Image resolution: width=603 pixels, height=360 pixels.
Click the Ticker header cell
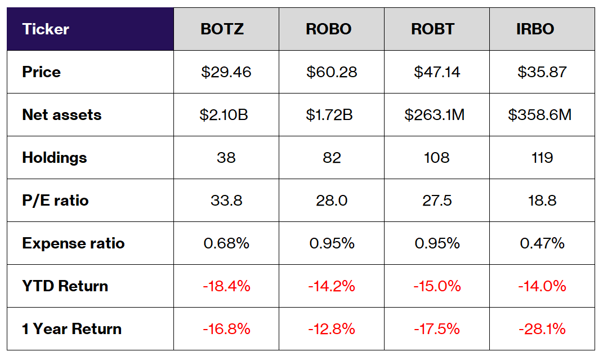(x=46, y=29)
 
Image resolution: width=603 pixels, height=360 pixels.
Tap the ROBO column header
(x=331, y=29)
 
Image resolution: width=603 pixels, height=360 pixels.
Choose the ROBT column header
(x=436, y=29)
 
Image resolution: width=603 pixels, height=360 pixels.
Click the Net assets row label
(x=62, y=115)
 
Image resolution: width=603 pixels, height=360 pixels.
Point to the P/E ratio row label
(x=55, y=201)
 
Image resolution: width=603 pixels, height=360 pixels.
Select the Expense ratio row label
(x=73, y=243)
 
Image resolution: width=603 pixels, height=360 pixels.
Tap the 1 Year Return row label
(x=72, y=329)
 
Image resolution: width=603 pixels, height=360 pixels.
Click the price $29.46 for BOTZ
(x=226, y=72)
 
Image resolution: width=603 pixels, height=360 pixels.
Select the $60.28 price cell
(x=332, y=72)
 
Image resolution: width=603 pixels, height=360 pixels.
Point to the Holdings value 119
(x=542, y=158)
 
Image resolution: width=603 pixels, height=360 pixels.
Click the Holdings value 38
(x=226, y=158)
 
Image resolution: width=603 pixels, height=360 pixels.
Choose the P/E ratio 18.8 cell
(x=542, y=201)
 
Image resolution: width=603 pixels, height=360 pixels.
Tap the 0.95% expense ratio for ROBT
(x=437, y=243)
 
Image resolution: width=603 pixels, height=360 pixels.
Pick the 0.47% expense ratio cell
(x=542, y=243)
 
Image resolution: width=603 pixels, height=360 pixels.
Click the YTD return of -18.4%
(x=226, y=286)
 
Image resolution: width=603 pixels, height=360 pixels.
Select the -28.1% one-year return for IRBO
(x=542, y=329)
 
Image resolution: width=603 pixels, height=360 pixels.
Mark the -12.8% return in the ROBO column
(x=332, y=329)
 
